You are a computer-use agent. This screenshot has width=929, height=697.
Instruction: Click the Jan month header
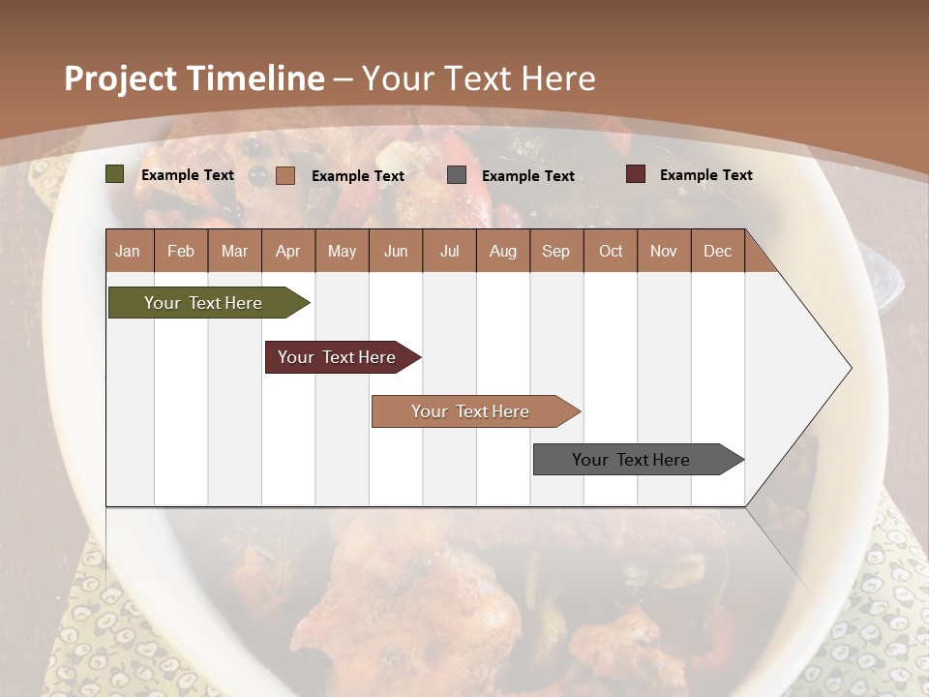[128, 251]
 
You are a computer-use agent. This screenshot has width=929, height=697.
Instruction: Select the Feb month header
[181, 251]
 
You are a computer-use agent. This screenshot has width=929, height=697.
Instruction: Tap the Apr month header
[287, 251]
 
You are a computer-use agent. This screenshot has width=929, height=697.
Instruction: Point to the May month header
[342, 251]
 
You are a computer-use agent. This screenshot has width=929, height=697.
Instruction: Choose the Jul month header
[449, 251]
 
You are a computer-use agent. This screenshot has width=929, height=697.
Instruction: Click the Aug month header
[502, 251]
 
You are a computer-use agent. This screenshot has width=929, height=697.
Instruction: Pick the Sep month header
[555, 251]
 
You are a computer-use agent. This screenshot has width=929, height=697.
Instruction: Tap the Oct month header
[610, 251]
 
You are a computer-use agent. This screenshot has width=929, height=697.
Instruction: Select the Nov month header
[663, 251]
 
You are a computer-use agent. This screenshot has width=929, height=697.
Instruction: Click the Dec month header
[717, 251]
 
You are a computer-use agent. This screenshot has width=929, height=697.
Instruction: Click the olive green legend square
[115, 174]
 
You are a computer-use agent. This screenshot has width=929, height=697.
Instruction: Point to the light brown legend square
[285, 175]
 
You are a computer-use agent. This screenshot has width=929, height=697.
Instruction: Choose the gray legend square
[457, 175]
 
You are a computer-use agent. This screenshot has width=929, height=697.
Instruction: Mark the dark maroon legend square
[635, 174]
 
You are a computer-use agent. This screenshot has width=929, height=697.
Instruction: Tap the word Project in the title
[120, 78]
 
